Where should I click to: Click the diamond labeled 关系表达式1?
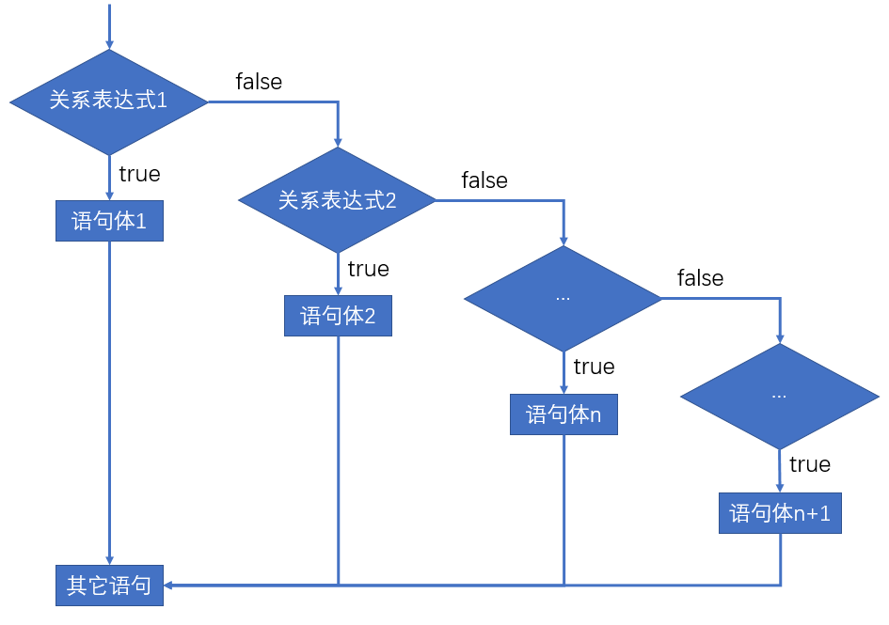tap(108, 102)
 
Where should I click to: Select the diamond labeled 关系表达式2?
tap(338, 200)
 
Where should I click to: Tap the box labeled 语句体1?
tap(109, 221)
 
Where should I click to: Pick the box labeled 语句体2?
tap(338, 316)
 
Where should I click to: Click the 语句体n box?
tap(564, 414)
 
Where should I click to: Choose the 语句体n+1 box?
tap(780, 513)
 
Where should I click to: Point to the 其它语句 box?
tap(109, 586)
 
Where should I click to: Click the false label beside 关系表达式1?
tap(259, 82)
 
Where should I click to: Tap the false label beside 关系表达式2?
tap(484, 180)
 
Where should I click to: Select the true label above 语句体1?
tap(139, 174)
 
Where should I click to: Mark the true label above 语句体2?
tap(368, 269)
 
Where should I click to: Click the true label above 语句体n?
tap(594, 367)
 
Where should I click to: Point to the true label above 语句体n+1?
tap(810, 464)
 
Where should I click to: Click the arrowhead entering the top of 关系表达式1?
tap(109, 43)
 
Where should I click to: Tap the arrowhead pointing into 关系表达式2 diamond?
tap(338, 141)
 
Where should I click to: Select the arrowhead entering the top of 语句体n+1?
tap(780, 486)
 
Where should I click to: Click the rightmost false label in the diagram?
tap(700, 278)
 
